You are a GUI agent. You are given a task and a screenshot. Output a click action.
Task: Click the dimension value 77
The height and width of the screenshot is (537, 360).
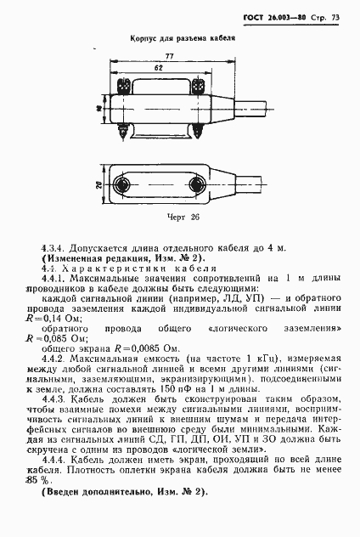coord(169,55)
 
